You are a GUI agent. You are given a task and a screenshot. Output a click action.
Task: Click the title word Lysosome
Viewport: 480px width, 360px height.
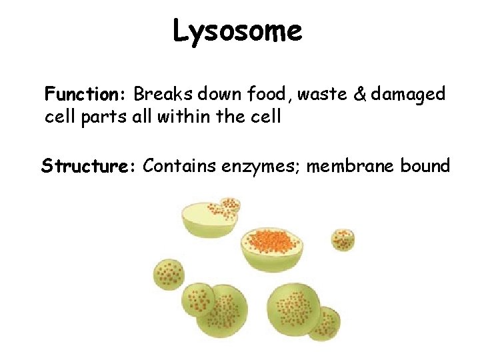tap(237, 31)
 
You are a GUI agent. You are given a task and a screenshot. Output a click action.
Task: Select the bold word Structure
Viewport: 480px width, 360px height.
tap(88, 165)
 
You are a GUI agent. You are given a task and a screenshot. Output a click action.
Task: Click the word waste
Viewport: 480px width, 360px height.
tap(321, 95)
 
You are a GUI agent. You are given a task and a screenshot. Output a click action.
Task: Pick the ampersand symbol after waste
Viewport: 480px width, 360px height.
tap(359, 95)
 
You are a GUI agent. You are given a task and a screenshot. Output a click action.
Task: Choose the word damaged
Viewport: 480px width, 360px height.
tap(408, 95)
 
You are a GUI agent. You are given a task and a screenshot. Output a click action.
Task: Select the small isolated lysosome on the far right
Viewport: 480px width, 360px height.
tap(343, 239)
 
